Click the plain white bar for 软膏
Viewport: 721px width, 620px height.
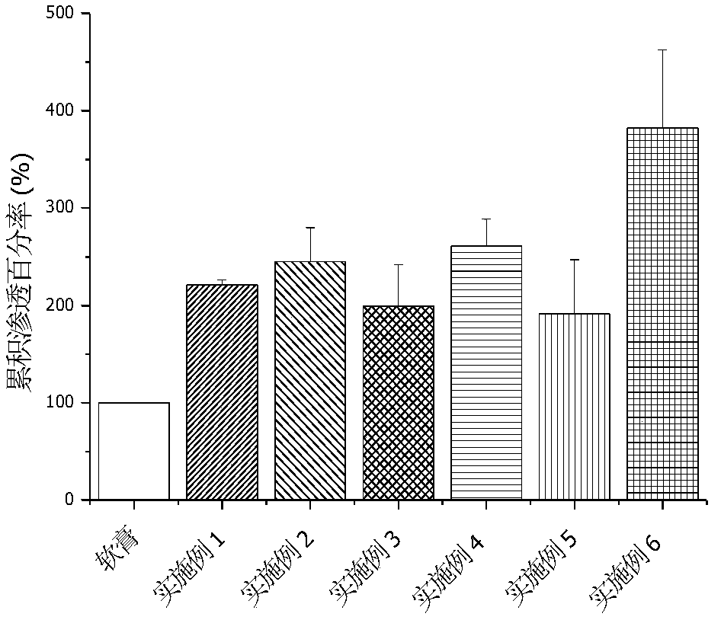click(134, 451)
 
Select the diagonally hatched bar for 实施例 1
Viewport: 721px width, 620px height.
click(222, 392)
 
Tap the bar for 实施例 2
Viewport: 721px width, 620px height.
click(310, 381)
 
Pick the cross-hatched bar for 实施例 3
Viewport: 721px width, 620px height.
click(399, 402)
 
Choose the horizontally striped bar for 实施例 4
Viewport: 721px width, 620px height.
click(487, 373)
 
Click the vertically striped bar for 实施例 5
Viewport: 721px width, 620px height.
click(575, 406)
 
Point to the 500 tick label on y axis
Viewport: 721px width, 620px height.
click(63, 14)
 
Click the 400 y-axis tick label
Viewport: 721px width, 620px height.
click(63, 111)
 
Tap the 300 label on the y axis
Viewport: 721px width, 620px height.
click(63, 208)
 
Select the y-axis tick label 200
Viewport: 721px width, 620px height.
click(63, 305)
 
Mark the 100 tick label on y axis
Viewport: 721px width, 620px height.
click(63, 403)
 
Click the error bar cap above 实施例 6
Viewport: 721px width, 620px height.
click(662, 50)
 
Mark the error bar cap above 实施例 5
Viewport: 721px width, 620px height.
click(575, 260)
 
